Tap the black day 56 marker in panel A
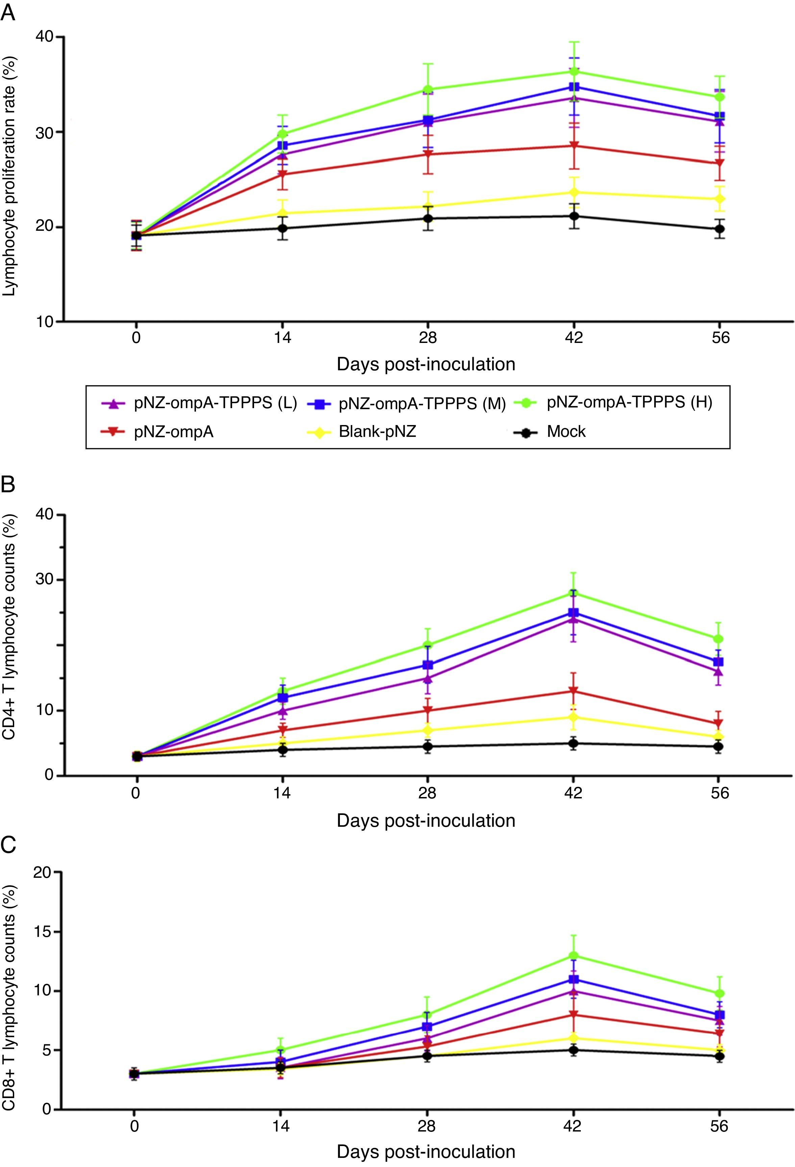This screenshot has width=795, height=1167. pyautogui.click(x=720, y=229)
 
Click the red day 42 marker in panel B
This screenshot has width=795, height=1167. pyautogui.click(x=573, y=691)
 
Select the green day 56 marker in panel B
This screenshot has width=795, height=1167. pyautogui.click(x=719, y=639)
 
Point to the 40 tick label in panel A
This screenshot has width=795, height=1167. pyautogui.click(x=46, y=37)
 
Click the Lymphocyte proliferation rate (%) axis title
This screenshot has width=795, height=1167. pyautogui.click(x=10, y=176)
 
